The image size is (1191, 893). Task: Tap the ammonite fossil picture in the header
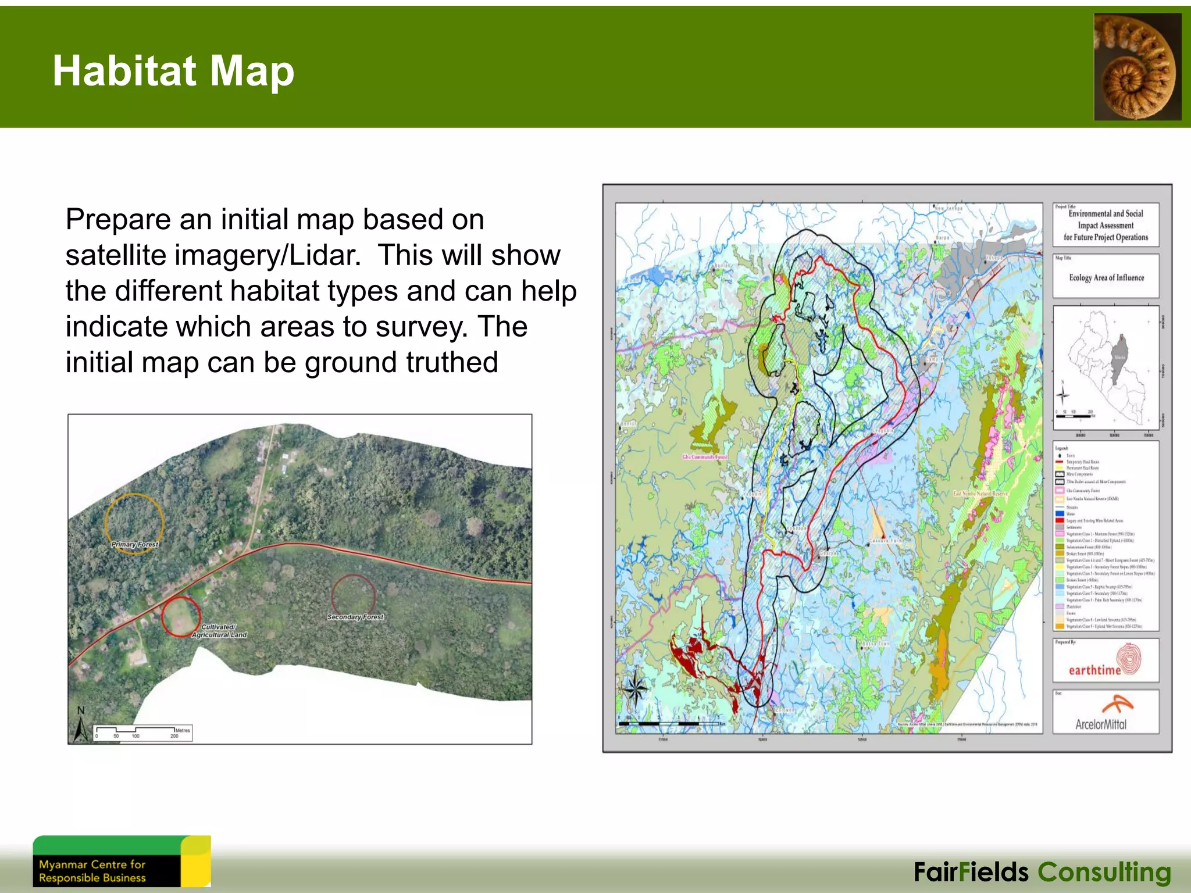(1137, 67)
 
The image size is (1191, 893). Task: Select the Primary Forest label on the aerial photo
(134, 545)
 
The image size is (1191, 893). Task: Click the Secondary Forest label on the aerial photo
(355, 617)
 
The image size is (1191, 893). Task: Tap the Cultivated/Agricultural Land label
(219, 631)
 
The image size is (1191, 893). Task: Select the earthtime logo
(1105, 662)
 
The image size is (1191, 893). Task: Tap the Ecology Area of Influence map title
(1106, 278)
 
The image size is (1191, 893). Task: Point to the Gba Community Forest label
(704, 457)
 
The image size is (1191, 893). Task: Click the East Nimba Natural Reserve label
(980, 494)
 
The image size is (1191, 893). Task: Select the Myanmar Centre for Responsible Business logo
(121, 862)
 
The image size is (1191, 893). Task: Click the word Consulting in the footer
(1104, 873)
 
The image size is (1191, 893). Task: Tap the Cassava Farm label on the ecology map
(886, 541)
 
